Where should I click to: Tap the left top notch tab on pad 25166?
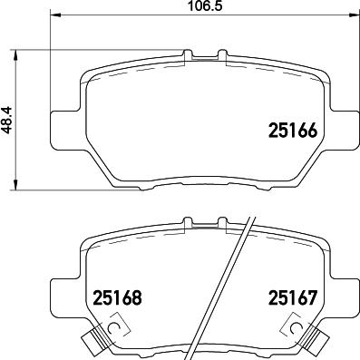(189, 56)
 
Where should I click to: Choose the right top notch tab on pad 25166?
(220, 56)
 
